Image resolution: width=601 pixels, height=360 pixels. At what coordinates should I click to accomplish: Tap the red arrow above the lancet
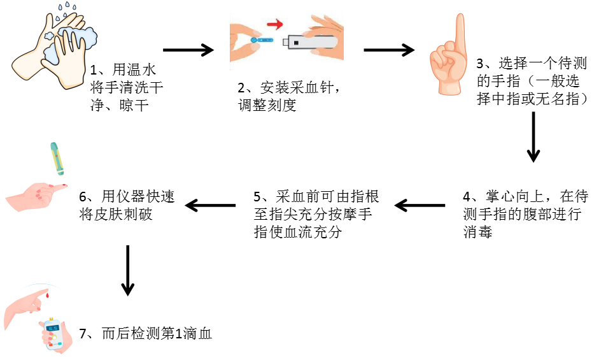click(x=274, y=25)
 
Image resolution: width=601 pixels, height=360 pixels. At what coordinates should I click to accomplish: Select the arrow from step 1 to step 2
click(x=189, y=50)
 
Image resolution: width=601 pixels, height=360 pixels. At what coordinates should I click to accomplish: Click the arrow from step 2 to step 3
click(x=388, y=50)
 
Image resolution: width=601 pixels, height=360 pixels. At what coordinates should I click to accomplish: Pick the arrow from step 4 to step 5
click(x=420, y=205)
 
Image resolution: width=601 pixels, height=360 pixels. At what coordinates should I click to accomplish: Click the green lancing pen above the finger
click(x=57, y=159)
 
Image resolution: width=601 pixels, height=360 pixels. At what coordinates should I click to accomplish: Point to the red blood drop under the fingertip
click(x=47, y=295)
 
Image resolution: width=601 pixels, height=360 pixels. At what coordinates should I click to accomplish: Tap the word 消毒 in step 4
click(x=478, y=232)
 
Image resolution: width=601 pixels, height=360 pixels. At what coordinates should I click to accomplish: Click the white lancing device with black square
click(x=312, y=43)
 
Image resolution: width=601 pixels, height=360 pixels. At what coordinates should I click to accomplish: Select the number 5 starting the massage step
click(x=257, y=197)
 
